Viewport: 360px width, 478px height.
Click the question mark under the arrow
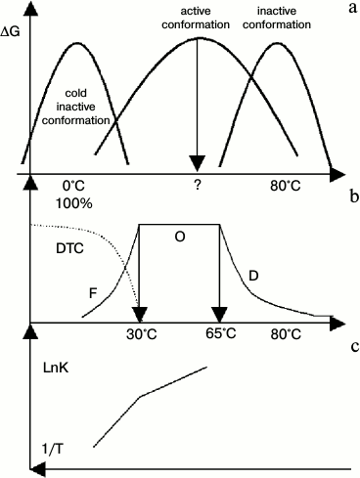(199, 184)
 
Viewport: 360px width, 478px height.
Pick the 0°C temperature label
(74, 184)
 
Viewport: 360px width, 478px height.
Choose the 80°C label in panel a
(287, 184)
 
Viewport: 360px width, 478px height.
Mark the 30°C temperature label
(141, 333)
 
